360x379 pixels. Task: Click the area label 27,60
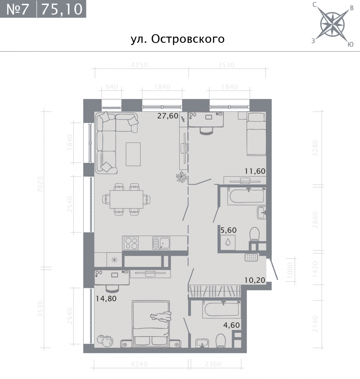(168, 116)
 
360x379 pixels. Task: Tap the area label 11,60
(255, 171)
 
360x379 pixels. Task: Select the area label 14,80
(106, 299)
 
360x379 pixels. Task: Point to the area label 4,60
(231, 325)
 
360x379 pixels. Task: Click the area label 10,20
(255, 280)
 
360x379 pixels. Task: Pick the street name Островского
(188, 39)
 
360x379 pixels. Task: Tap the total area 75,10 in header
(62, 9)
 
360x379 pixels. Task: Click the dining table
(126, 199)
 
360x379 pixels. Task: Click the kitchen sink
(161, 243)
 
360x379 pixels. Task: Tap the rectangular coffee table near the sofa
(133, 154)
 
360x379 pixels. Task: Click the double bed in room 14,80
(151, 324)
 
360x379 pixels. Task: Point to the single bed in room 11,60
(256, 134)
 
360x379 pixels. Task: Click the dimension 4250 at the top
(139, 65)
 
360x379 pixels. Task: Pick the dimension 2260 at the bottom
(213, 364)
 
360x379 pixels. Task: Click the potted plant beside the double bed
(105, 341)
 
